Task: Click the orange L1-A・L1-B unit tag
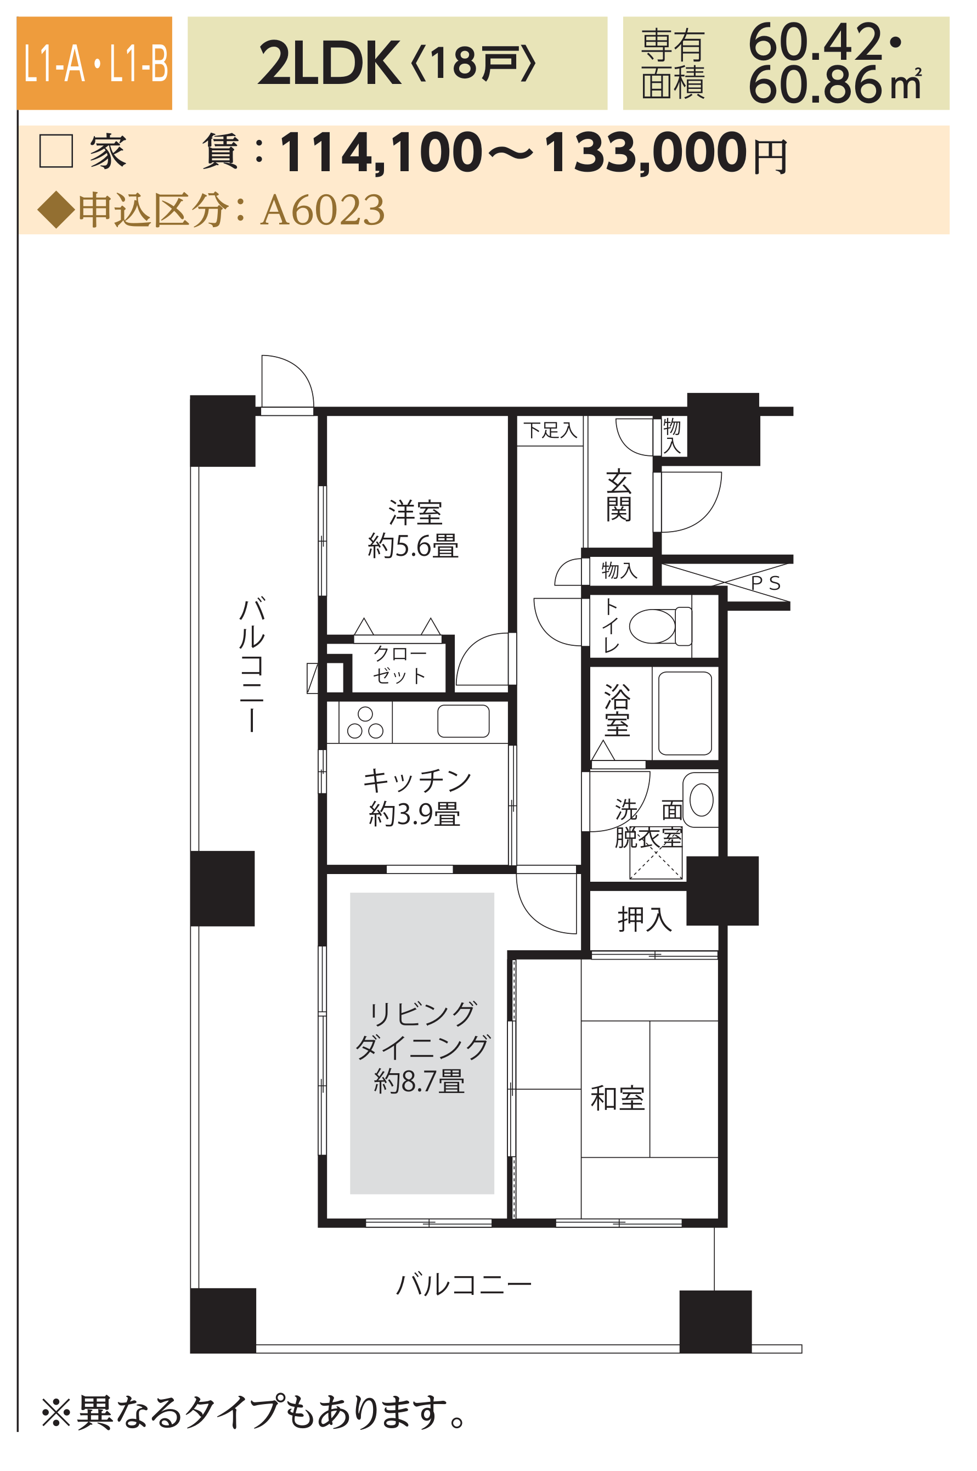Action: click(x=94, y=63)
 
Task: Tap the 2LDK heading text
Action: click(x=330, y=63)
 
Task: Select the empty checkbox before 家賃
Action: click(x=56, y=151)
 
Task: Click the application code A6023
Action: click(x=323, y=210)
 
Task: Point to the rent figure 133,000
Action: click(x=646, y=153)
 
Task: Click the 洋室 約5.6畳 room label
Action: click(x=414, y=529)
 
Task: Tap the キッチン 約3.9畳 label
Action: click(x=416, y=797)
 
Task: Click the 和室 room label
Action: click(x=618, y=1098)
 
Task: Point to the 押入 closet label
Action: click(x=645, y=919)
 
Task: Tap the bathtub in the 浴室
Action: click(x=685, y=713)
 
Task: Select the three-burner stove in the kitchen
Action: click(x=365, y=723)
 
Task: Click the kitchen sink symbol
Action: click(x=463, y=721)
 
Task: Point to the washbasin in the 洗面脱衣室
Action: click(x=701, y=799)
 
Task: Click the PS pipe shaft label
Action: click(x=766, y=583)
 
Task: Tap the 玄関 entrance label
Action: click(x=619, y=495)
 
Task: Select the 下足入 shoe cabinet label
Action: click(x=550, y=430)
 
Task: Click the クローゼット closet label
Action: click(x=399, y=665)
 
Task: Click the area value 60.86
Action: click(x=815, y=86)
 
